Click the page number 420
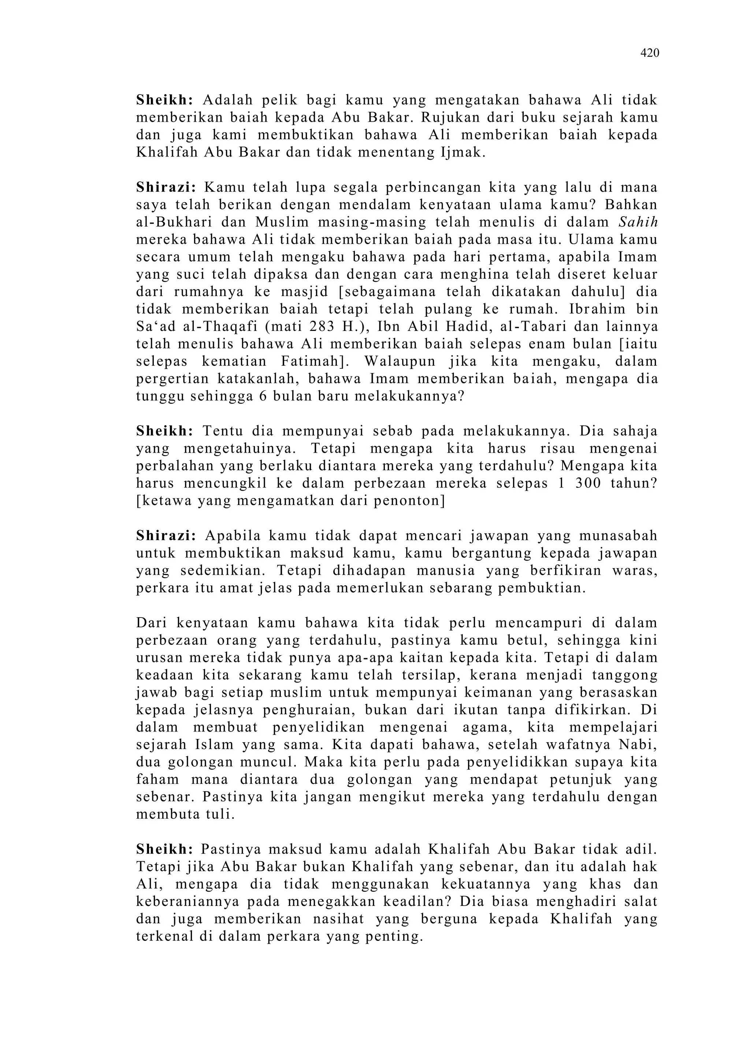pyautogui.click(x=649, y=53)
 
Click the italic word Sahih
pyautogui.click(x=638, y=222)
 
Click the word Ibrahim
pyautogui.click(x=598, y=309)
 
